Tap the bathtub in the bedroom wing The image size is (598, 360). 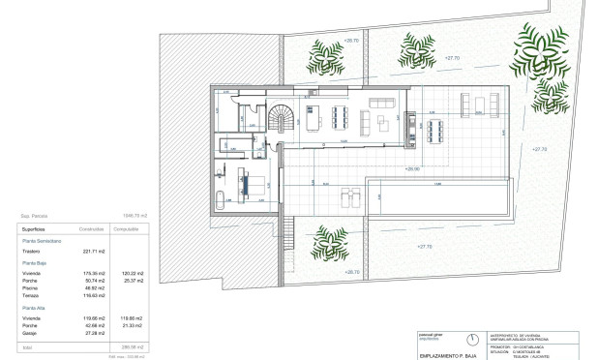(x=219, y=200)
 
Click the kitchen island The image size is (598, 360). (x=313, y=120)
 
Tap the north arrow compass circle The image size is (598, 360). (x=471, y=341)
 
